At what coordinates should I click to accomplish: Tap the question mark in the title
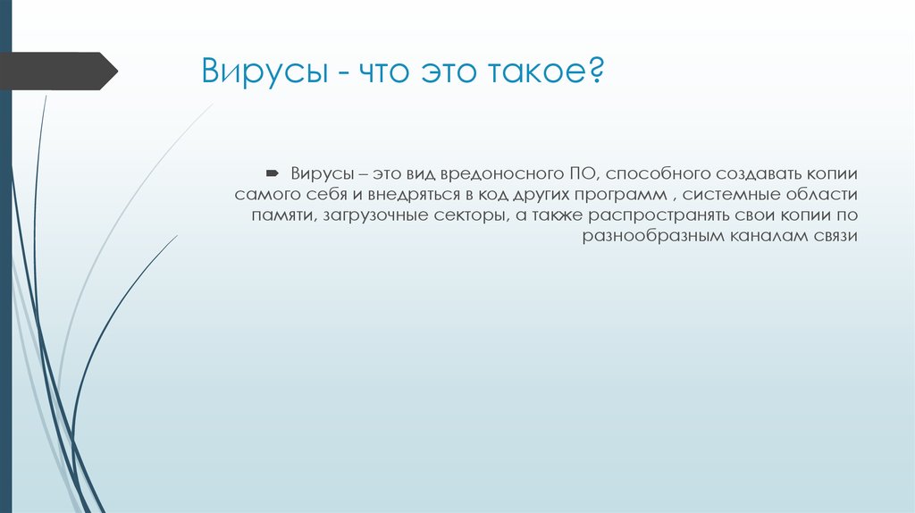tap(595, 70)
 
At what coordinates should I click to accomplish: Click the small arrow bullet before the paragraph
tap(273, 171)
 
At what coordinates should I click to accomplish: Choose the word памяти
tap(281, 216)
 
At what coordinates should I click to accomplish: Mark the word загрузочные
tap(370, 216)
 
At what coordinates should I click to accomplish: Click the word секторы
tap(465, 216)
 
